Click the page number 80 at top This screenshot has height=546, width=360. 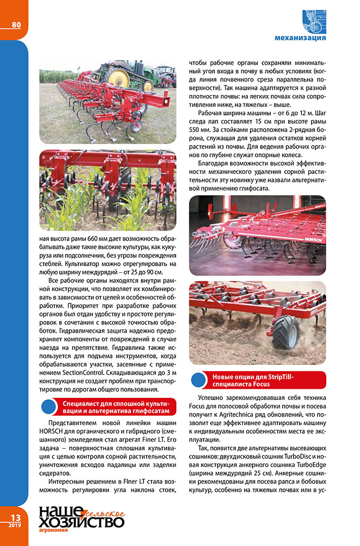coord(16,25)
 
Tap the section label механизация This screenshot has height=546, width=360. coord(300,39)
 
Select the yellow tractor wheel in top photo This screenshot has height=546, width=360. coord(118,78)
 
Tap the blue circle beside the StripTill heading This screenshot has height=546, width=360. coord(199,381)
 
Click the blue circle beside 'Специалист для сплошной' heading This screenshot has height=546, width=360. coord(49,407)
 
